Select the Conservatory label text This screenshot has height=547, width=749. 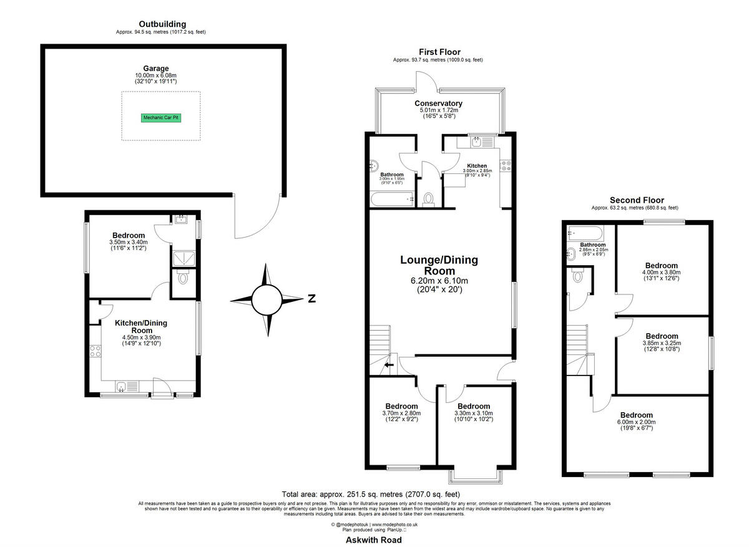pyautogui.click(x=438, y=104)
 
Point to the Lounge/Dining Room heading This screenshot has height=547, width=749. pyautogui.click(x=440, y=265)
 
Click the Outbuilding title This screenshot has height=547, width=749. pyautogui.click(x=162, y=24)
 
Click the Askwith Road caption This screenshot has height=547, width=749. pyautogui.click(x=374, y=540)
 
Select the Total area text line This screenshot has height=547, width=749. pyautogui.click(x=374, y=493)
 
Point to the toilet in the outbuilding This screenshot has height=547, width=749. pyautogui.click(x=182, y=278)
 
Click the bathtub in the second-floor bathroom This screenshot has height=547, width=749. pyautogui.click(x=585, y=235)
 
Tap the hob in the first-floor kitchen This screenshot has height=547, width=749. pyautogui.click(x=506, y=167)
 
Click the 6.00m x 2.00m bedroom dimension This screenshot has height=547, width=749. pyautogui.click(x=636, y=422)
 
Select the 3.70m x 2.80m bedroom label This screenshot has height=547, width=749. pyautogui.click(x=401, y=413)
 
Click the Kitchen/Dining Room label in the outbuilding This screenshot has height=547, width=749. pyautogui.click(x=141, y=326)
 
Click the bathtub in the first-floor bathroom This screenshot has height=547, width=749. pyautogui.click(x=392, y=200)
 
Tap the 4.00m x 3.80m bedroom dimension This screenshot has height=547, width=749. pyautogui.click(x=662, y=272)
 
